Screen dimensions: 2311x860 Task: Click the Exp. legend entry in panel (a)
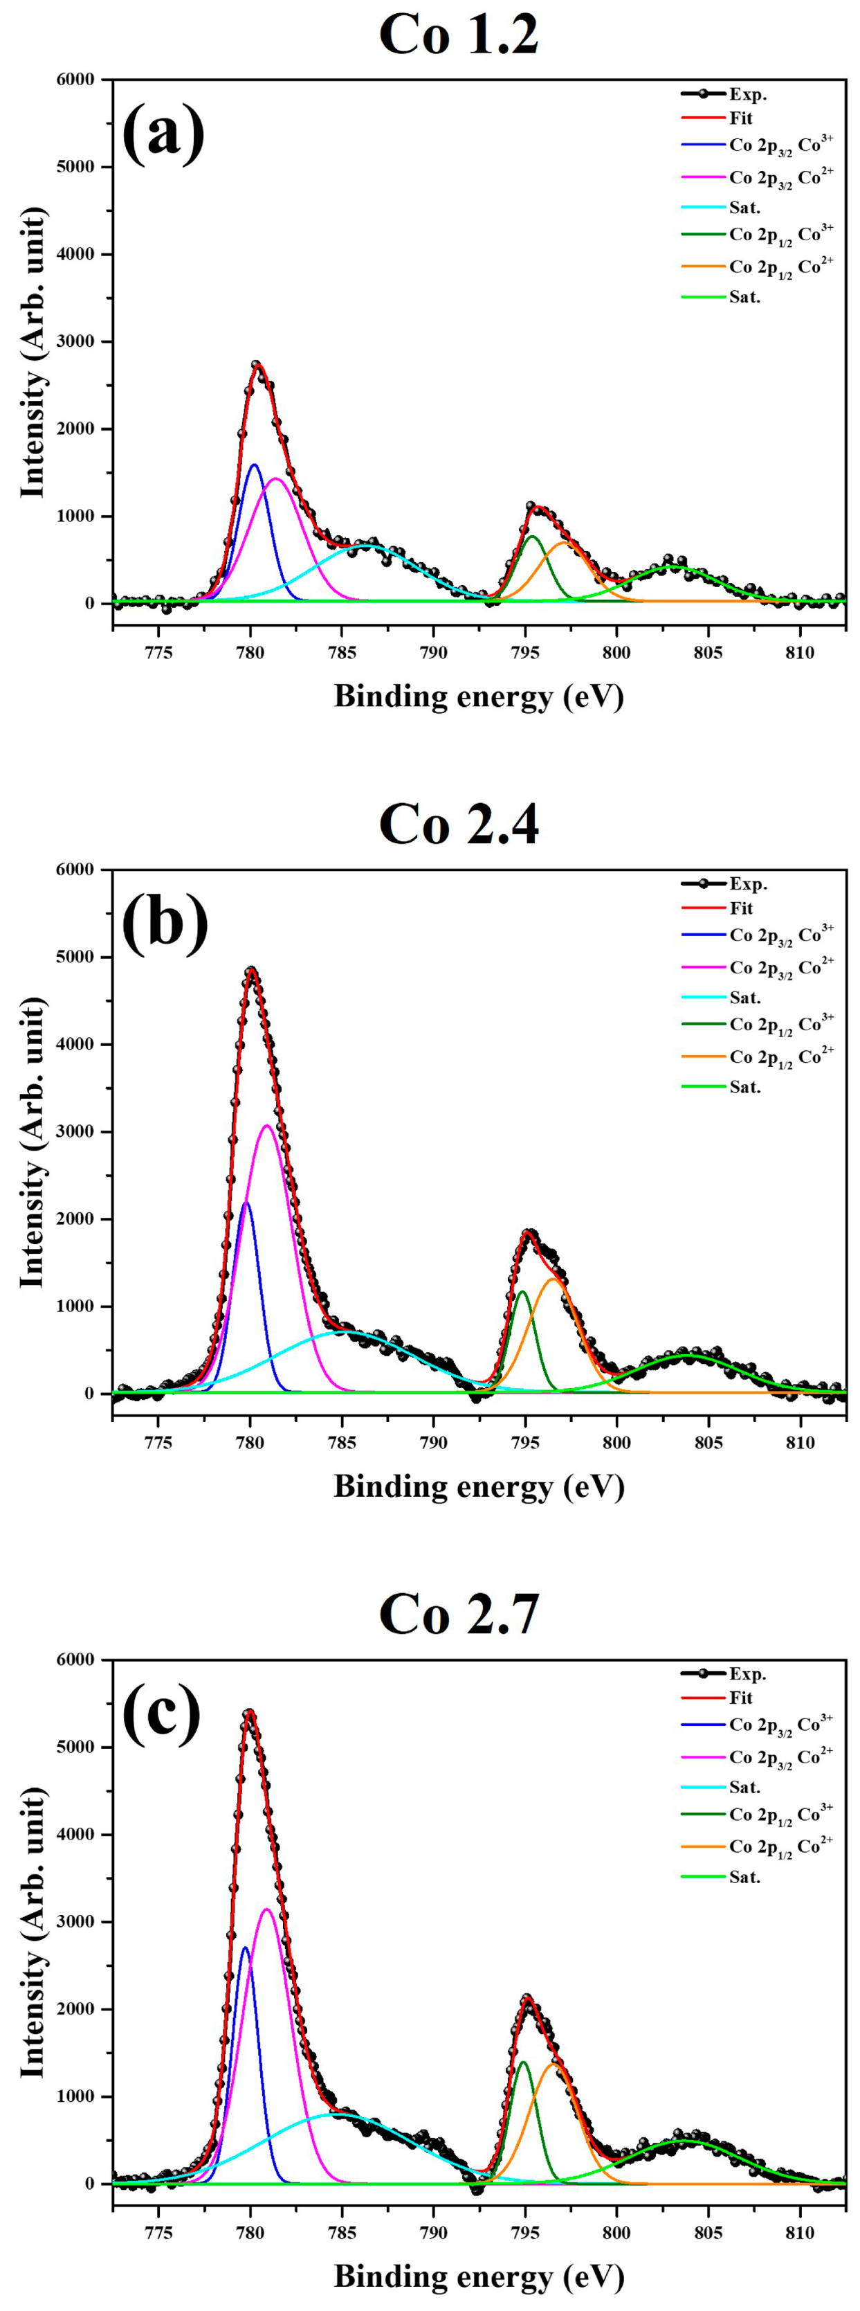coord(747,94)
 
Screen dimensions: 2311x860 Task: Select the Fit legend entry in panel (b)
coord(741,908)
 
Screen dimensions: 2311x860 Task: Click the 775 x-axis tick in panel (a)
coord(158,652)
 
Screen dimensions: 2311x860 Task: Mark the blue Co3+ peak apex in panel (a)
coord(254,465)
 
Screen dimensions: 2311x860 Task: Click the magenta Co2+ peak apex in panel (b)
coord(267,1126)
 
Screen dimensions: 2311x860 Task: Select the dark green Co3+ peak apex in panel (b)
coord(522,1293)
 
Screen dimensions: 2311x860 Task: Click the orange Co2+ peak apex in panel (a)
coord(564,543)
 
